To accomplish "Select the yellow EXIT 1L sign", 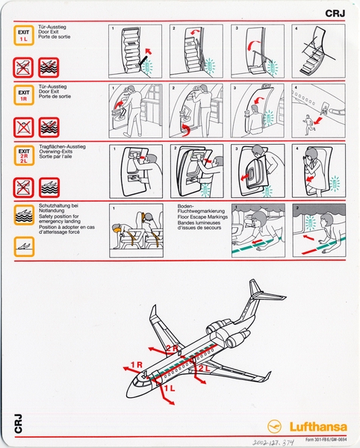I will tap(24, 35).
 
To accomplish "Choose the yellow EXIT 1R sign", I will tap(24, 95).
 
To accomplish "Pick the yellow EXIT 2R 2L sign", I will tap(24, 156).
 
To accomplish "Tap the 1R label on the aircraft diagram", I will tap(135, 365).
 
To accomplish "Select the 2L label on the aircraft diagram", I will tap(203, 368).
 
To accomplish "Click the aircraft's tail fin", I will tap(257, 290).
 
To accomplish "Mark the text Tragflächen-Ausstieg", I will tap(63, 147).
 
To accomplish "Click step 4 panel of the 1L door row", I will tap(319, 51).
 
